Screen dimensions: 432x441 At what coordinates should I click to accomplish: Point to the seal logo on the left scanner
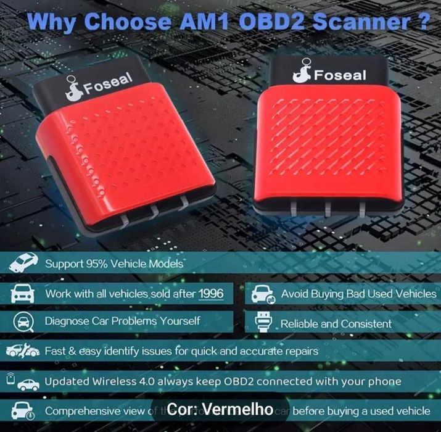tap(72, 91)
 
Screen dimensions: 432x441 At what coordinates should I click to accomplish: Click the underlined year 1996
tap(211, 294)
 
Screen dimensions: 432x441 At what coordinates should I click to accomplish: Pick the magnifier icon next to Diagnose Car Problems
tap(22, 322)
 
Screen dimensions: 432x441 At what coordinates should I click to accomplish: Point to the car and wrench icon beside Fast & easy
tap(22, 351)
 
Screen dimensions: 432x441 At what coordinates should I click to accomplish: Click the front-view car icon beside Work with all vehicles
tap(22, 293)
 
